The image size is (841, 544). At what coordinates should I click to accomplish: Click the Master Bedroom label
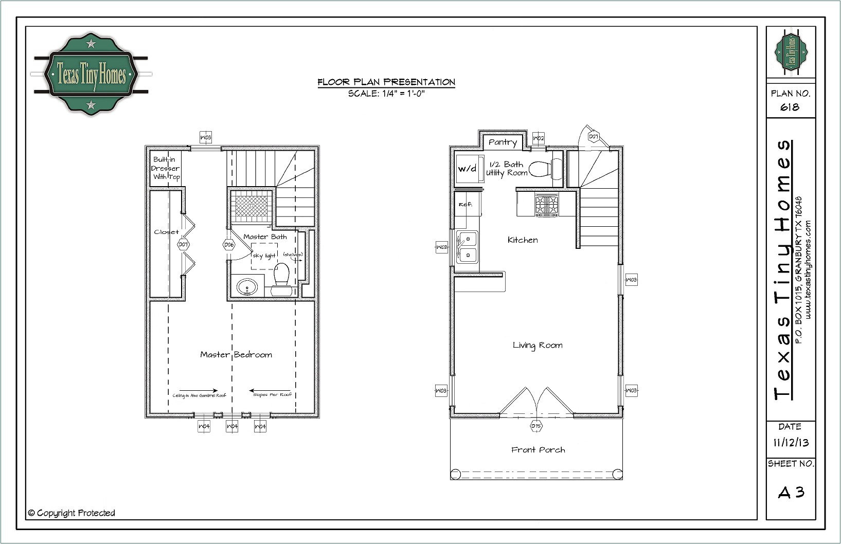click(x=236, y=355)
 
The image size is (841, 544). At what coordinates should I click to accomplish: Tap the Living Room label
click(x=538, y=345)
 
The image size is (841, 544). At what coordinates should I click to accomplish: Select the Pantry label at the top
click(x=503, y=142)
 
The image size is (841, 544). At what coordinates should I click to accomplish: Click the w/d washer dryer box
click(x=467, y=169)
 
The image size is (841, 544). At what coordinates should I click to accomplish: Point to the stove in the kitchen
click(x=546, y=204)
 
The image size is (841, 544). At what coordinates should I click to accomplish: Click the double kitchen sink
click(x=468, y=246)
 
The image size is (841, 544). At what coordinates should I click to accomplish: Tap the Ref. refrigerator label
click(x=466, y=205)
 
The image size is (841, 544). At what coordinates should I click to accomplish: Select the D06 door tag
click(x=229, y=245)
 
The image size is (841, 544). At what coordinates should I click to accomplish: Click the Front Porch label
click(x=538, y=450)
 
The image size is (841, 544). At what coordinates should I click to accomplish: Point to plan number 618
click(x=790, y=107)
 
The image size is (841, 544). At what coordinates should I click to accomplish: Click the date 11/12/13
click(x=791, y=443)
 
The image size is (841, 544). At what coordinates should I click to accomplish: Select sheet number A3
click(x=791, y=493)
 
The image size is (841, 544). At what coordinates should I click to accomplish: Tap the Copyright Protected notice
click(x=71, y=513)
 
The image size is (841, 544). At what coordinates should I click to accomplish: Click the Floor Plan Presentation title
click(x=386, y=82)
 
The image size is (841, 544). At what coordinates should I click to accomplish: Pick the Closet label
click(x=166, y=232)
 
